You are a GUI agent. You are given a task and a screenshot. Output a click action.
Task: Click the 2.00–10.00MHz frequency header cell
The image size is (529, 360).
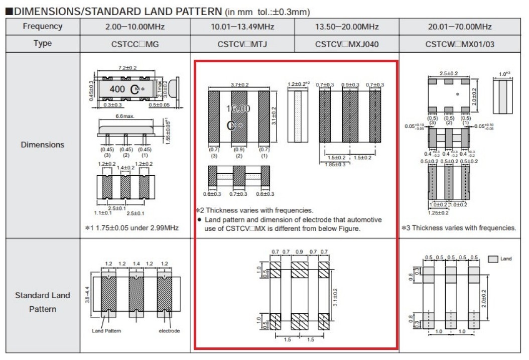tap(135, 27)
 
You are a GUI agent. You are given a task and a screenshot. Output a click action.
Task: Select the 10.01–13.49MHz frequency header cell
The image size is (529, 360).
tap(242, 27)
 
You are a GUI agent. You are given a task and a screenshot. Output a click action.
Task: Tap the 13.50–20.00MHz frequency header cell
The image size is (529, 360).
tap(347, 27)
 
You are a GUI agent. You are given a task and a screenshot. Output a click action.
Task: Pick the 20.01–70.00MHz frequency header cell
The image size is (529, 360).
tap(460, 27)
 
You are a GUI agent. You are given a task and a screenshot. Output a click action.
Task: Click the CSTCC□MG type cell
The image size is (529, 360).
tap(135, 44)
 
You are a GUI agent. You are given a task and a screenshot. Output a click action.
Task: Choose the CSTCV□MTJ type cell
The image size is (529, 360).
tap(242, 44)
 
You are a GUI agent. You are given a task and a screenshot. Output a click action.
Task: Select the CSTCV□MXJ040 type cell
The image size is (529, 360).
tap(347, 44)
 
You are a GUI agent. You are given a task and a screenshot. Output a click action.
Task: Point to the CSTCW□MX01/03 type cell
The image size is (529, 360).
tap(460, 44)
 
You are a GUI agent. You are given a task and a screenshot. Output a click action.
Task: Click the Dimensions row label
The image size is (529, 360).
tap(43, 145)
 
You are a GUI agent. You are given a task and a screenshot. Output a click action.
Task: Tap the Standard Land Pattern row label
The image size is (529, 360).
tap(43, 302)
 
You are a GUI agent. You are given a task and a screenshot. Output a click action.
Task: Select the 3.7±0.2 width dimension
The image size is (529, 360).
tap(239, 85)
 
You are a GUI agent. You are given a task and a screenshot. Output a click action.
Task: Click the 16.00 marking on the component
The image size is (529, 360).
tap(238, 108)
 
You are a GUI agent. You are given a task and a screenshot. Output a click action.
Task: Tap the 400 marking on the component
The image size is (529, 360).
tap(117, 89)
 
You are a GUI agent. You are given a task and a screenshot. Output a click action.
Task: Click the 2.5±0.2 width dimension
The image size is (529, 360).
tap(449, 73)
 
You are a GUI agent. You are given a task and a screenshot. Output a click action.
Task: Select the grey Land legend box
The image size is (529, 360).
tap(493, 259)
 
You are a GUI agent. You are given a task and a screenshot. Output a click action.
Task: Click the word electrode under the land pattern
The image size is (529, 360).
tap(169, 331)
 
